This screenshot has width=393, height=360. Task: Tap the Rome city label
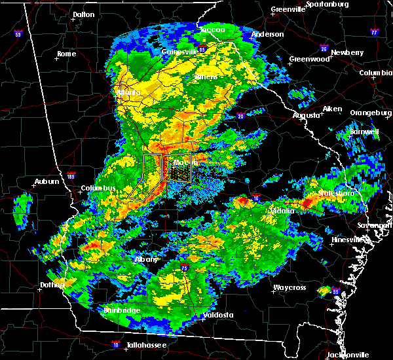pos(67,54)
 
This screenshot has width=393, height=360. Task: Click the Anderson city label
pos(268,34)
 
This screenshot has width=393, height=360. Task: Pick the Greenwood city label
pos(310,59)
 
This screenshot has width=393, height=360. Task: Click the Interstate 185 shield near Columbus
pos(71,175)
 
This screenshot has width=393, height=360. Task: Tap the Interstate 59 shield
pos(18,34)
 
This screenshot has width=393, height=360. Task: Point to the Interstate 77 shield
pos(374,31)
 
